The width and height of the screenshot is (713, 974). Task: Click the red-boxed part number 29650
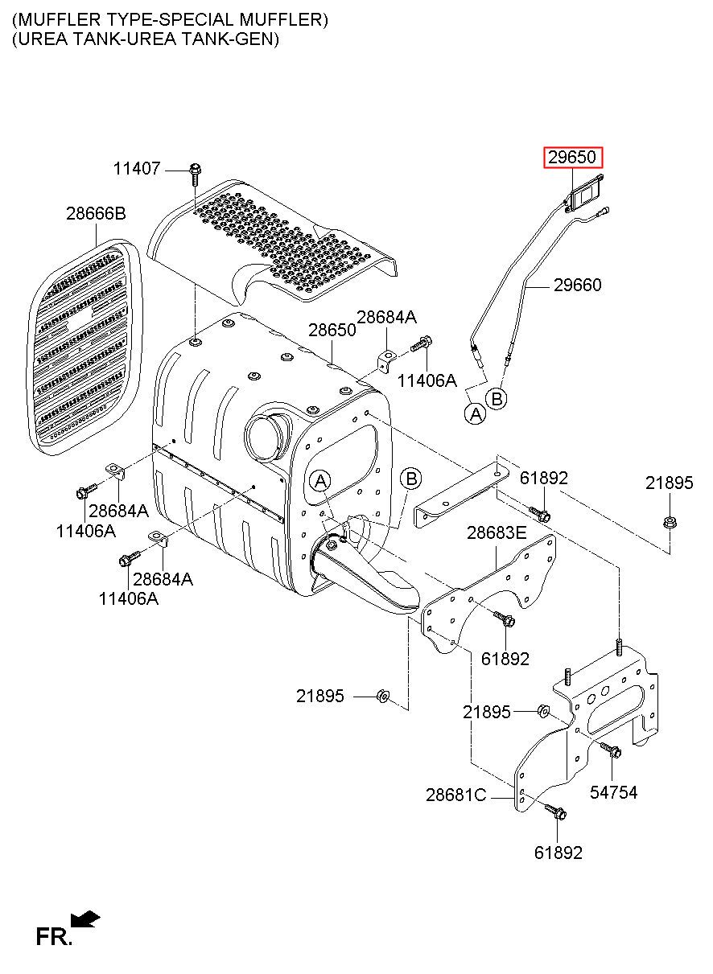(x=571, y=157)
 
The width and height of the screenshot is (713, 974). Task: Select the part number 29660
(x=577, y=285)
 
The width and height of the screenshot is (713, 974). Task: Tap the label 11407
(x=137, y=168)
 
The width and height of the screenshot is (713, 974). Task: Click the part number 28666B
(x=96, y=213)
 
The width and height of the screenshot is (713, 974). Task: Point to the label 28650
(x=332, y=330)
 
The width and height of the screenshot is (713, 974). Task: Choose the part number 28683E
(x=497, y=532)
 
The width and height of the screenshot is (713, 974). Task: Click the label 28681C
(x=456, y=795)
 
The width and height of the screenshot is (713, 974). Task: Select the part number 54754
(x=613, y=792)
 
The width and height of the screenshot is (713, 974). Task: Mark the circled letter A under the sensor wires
(x=476, y=413)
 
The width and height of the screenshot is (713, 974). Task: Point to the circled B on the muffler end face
(x=410, y=479)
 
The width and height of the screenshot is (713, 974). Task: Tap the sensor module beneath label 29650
(x=586, y=194)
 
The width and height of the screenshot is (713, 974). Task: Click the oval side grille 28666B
(x=84, y=347)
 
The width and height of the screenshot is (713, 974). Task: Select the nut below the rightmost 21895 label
(x=669, y=522)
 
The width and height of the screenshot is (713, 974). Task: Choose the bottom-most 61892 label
(x=558, y=853)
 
